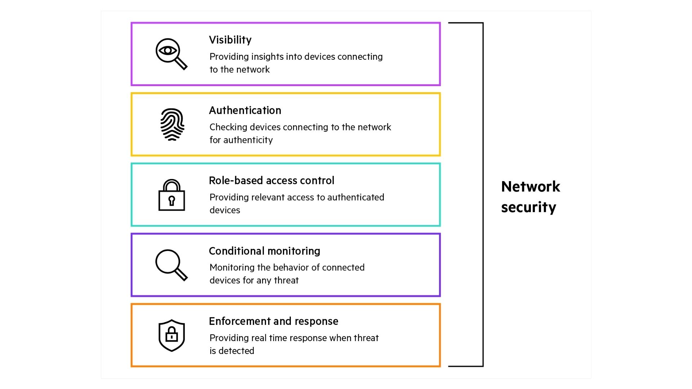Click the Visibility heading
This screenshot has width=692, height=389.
230,40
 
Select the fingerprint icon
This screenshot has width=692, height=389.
172,124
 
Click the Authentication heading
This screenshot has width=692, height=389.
245,111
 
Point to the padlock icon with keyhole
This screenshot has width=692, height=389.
172,195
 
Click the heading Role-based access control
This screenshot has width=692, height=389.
271,180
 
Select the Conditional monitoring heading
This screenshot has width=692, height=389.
264,251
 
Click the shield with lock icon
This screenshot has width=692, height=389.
172,335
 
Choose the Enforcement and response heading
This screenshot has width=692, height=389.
273,321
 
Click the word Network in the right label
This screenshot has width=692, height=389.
530,187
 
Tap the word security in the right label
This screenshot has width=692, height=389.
528,207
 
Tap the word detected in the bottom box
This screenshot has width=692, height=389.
236,351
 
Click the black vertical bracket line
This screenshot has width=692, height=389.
483,194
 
